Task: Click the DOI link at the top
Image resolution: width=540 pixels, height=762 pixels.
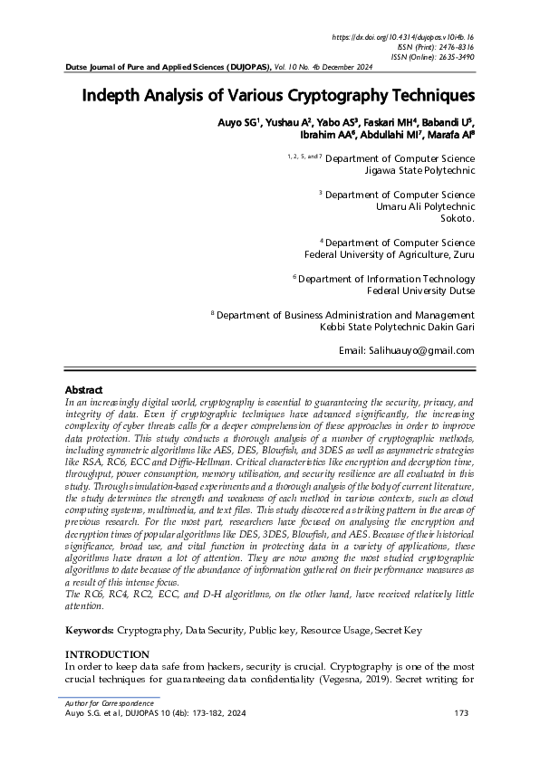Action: (x=404, y=37)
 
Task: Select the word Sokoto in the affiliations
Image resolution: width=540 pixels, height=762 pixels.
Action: (x=458, y=218)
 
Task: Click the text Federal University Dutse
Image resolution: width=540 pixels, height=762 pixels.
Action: (x=420, y=291)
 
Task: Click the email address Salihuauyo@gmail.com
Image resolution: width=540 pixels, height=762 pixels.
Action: (x=406, y=350)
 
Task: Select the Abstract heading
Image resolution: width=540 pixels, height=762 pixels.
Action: (x=84, y=389)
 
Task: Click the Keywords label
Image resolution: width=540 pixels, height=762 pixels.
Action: (x=92, y=628)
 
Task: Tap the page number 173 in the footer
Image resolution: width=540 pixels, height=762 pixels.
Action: (x=460, y=714)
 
